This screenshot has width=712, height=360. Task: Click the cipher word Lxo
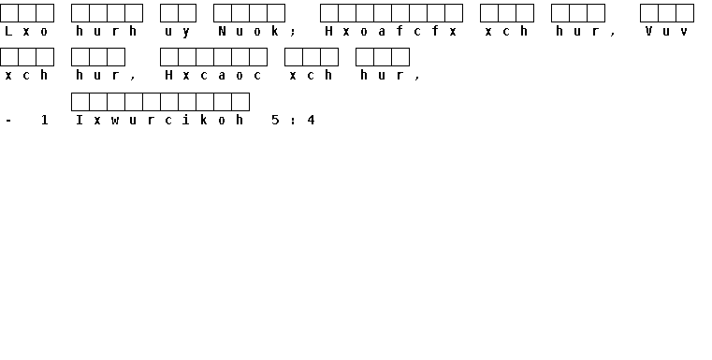26,31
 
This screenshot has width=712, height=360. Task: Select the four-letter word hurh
107,31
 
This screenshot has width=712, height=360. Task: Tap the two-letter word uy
178,32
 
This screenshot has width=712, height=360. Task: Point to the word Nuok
249,31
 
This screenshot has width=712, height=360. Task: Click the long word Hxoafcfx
391,31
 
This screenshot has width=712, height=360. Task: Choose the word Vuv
666,31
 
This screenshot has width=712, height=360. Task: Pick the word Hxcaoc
213,76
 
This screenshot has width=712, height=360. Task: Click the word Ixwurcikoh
160,120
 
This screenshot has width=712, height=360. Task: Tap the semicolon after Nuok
293,32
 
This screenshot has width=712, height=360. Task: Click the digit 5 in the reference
275,120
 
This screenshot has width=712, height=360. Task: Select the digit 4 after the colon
311,120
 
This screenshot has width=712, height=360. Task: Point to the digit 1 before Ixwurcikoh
44,120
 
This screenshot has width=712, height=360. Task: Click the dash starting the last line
8,121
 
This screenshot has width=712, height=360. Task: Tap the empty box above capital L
9,13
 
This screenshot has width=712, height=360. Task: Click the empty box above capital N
223,13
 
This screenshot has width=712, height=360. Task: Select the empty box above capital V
649,13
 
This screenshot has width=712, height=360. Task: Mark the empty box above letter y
187,13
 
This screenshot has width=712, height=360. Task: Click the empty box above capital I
80,102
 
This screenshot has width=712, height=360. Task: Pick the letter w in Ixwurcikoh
115,121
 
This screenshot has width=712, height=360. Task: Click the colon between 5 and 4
293,121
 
